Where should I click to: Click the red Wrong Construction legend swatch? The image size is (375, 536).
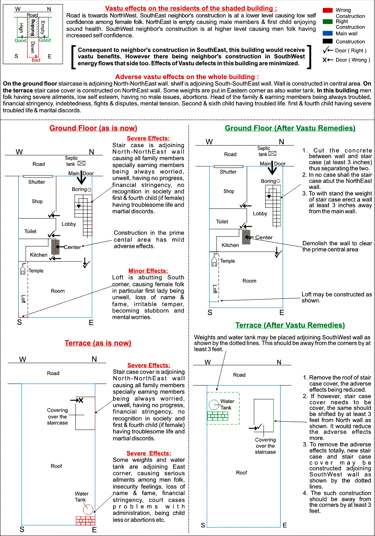[328, 10]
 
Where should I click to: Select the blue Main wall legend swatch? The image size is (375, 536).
[328, 33]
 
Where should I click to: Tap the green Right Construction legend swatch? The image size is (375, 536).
[328, 21]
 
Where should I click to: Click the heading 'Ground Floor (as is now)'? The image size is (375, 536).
[93, 128]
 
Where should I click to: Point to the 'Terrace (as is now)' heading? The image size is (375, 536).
[98, 343]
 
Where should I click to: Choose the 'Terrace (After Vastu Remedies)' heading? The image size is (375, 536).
[290, 325]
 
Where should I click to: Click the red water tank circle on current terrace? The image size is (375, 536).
[88, 510]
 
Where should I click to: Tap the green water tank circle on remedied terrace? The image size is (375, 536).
[214, 405]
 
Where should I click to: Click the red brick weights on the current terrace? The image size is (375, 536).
[86, 520]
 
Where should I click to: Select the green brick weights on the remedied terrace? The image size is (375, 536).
[218, 416]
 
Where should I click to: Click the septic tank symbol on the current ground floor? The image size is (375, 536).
[81, 163]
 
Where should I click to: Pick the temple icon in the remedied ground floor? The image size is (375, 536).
[214, 259]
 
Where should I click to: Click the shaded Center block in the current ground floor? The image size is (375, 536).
[55, 247]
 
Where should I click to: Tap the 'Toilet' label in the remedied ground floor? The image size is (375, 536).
[222, 222]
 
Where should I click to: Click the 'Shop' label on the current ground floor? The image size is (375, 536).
[37, 202]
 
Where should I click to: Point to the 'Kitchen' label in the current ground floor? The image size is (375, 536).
[39, 255]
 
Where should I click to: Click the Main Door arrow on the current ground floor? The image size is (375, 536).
[81, 178]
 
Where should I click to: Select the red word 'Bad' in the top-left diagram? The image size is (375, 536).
[36, 60]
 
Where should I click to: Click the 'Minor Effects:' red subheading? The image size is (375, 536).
[148, 271]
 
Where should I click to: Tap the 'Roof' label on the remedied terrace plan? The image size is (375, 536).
[242, 473]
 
